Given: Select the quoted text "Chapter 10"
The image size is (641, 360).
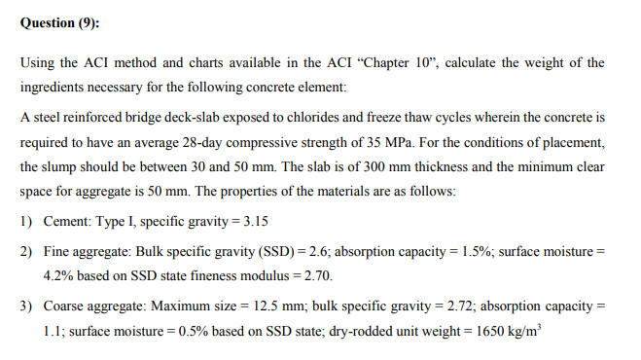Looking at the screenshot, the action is click(408, 63).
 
